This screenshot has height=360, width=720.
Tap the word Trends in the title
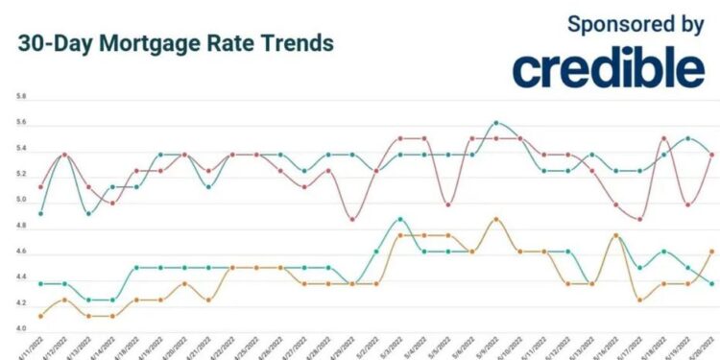tap(294, 44)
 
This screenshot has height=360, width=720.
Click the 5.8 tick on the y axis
tap(21, 98)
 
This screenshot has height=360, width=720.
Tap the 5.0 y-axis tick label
tap(21, 201)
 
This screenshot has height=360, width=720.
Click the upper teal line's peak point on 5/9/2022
tap(495, 123)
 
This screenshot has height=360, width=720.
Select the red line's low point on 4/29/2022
tap(352, 219)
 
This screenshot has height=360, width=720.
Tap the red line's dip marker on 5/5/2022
tap(447, 204)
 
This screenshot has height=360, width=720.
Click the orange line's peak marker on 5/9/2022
tap(495, 219)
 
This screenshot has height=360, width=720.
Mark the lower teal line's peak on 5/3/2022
tap(399, 219)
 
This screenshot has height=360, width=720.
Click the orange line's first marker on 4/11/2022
tap(40, 316)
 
